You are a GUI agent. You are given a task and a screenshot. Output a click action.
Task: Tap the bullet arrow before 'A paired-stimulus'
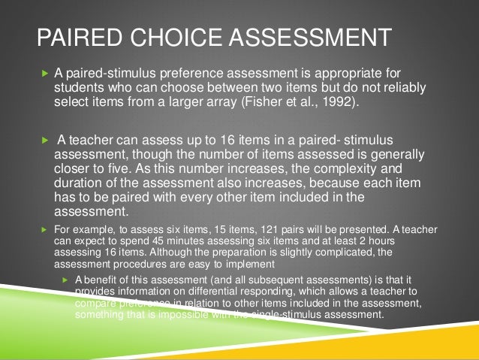coord(44,74)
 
